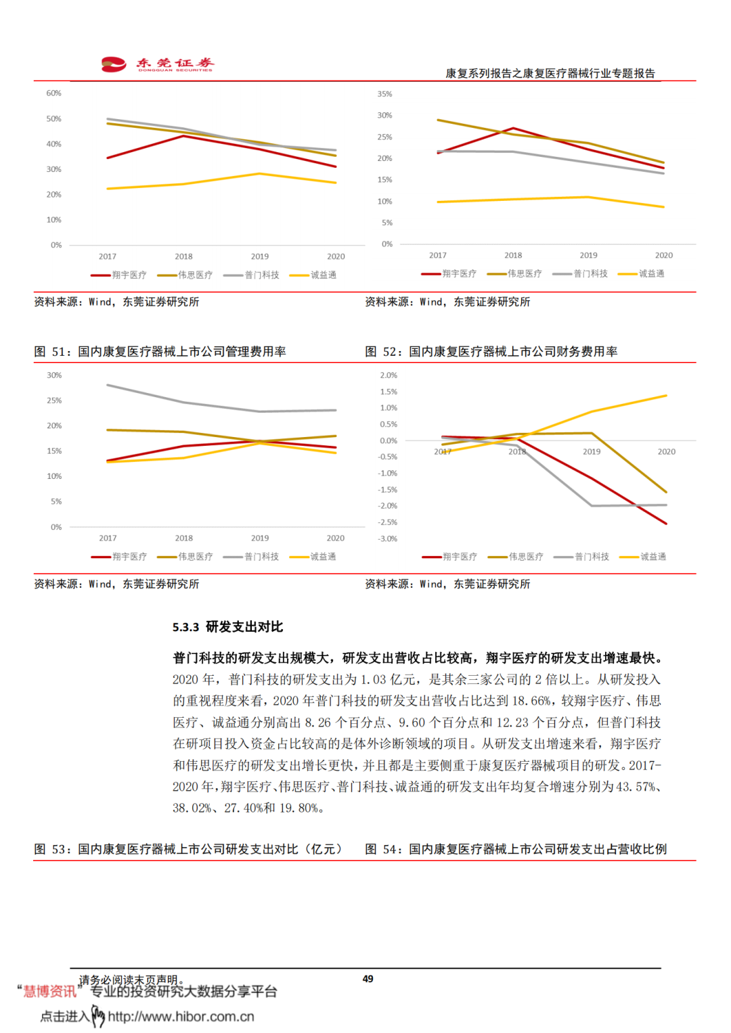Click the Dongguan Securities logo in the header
coord(157,64)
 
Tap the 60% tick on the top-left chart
coord(53,93)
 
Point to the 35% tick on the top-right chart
coord(384,94)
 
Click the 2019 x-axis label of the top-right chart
coord(588,256)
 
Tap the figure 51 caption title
coord(160,352)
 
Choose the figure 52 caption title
coord(491,352)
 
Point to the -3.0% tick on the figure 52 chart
coord(388,539)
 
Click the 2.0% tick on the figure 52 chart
coord(389,375)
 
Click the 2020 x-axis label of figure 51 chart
coord(336,538)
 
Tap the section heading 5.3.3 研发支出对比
coord(227,627)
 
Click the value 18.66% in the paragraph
coord(531,701)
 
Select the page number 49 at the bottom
coord(368,979)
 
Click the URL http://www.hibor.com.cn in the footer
coord(181,1017)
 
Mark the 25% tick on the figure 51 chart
coord(54,401)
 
